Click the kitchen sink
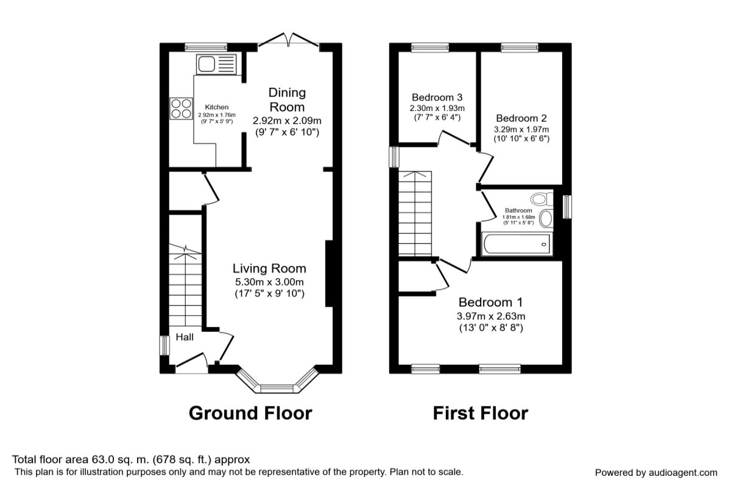click(x=216, y=64)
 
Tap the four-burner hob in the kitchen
click(x=181, y=109)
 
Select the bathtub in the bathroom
click(x=517, y=244)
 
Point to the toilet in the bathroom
click(x=542, y=199)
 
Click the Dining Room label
click(x=287, y=99)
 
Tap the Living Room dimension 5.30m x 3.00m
click(x=269, y=282)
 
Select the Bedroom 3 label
click(x=437, y=98)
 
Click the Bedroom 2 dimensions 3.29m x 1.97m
click(x=521, y=129)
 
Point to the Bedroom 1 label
click(x=490, y=303)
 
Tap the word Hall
click(x=185, y=337)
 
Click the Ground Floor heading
click(x=250, y=413)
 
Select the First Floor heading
click(x=481, y=413)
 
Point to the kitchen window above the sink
click(x=206, y=48)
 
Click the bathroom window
click(x=568, y=207)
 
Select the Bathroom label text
click(x=518, y=210)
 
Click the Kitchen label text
click(x=217, y=107)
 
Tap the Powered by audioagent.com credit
click(x=656, y=473)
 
